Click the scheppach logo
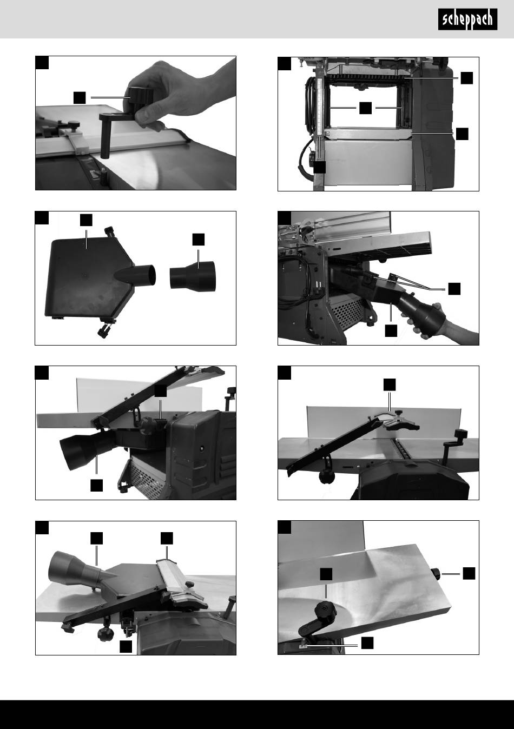pos(467,19)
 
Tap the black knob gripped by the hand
pos(141,97)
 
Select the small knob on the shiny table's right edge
pos(436,573)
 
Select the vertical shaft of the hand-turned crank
pos(106,136)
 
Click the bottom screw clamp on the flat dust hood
pos(106,329)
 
